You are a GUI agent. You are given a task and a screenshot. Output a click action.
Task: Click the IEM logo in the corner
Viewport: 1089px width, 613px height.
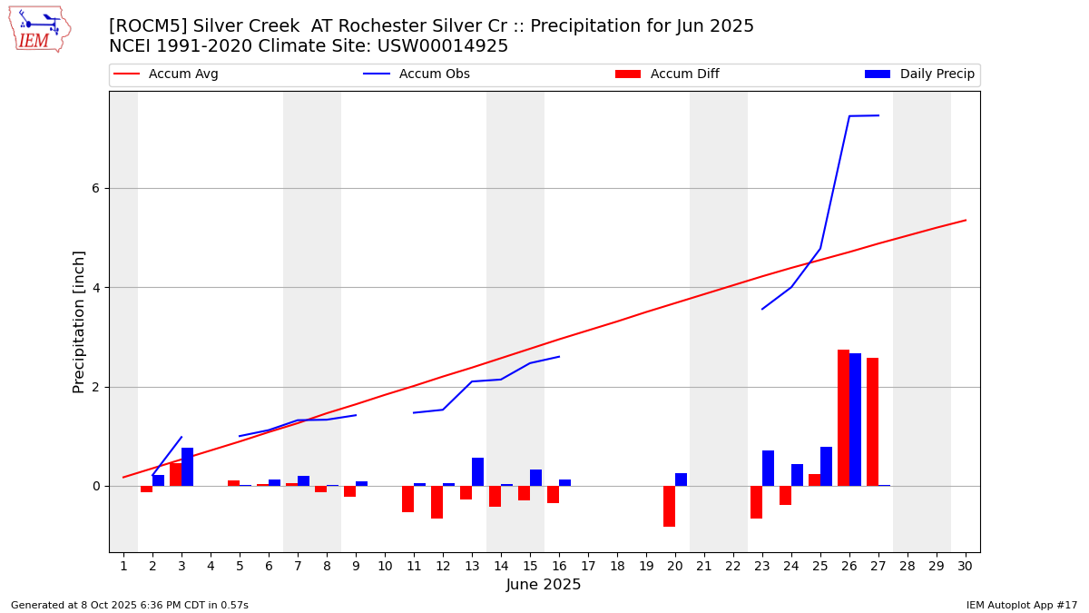coord(39,29)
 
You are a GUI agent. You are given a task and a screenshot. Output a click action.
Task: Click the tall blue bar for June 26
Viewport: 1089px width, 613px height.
coord(855,420)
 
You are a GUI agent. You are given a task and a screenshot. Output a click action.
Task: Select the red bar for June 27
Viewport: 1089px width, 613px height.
coord(872,421)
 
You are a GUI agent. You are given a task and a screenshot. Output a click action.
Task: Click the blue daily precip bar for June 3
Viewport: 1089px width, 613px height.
coord(187,467)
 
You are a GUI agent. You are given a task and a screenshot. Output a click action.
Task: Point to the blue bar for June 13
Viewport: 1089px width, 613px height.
coord(477,471)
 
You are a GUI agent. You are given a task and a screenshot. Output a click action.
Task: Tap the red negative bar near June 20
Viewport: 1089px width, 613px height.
coord(669,506)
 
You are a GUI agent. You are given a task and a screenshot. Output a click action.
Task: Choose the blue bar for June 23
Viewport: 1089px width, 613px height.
coord(768,468)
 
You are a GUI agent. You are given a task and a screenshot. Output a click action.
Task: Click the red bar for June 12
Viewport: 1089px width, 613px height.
coord(437,502)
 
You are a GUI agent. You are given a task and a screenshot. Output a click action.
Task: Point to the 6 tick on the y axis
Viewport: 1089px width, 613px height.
coord(94,188)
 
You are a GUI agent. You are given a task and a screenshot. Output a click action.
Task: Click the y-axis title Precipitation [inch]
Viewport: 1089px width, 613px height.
coord(79,321)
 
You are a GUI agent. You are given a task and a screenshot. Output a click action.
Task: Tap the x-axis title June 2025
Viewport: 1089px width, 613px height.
coord(544,585)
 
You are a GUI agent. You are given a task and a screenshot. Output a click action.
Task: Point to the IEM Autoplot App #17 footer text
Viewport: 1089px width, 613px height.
coord(1021,605)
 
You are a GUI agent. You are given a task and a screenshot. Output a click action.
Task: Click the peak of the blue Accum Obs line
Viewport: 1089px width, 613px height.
coord(878,115)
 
